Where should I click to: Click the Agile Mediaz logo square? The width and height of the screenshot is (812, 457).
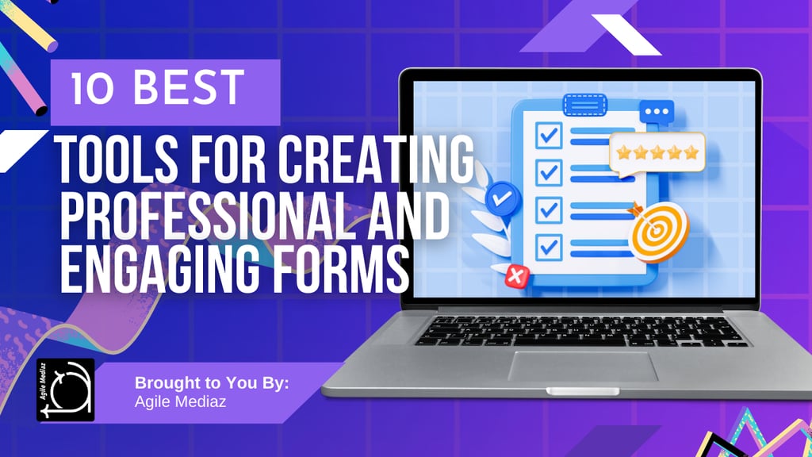tap(66, 390)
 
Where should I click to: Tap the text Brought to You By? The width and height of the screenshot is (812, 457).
tap(212, 382)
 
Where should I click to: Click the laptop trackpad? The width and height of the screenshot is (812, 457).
tap(583, 366)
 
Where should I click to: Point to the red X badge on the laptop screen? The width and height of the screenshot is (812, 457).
tap(517, 276)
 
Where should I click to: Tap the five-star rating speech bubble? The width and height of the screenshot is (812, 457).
tap(656, 152)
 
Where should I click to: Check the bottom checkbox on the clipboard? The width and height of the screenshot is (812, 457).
tap(549, 244)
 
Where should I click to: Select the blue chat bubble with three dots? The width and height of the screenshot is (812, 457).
tap(657, 111)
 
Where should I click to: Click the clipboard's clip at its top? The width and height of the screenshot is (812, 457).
tap(584, 104)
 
